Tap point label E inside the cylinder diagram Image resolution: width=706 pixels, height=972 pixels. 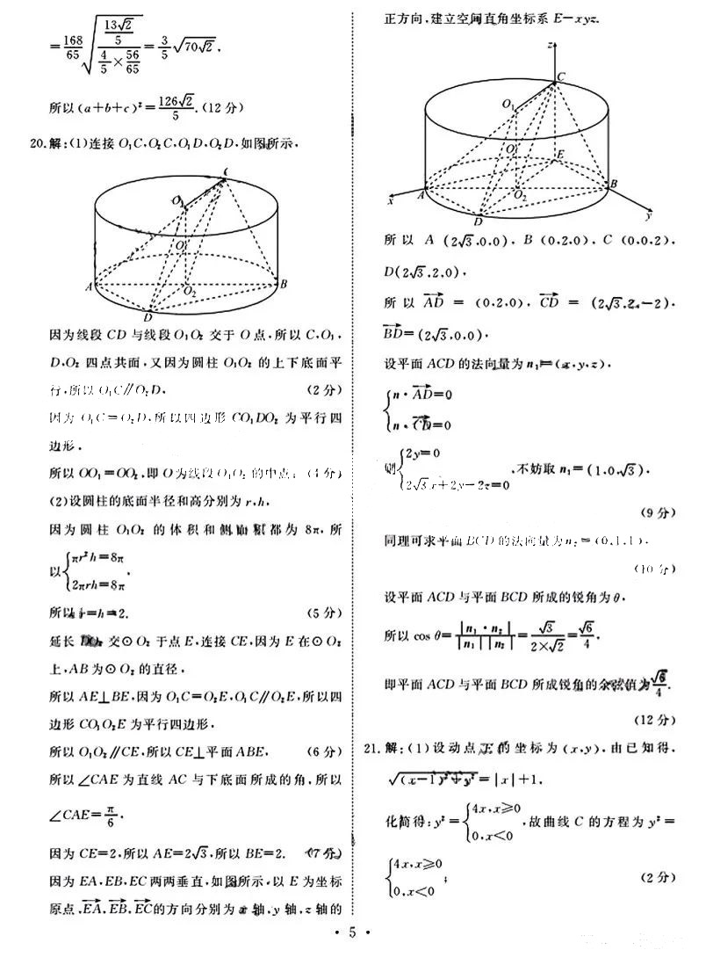pyautogui.click(x=561, y=153)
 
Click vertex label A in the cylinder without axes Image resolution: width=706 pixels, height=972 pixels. pyautogui.click(x=89, y=287)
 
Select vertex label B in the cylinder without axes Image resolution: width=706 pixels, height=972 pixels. pyautogui.click(x=283, y=283)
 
